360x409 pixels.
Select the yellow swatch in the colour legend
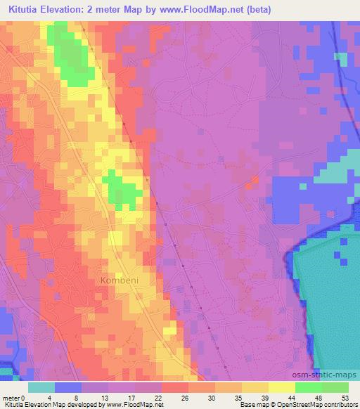282,387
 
